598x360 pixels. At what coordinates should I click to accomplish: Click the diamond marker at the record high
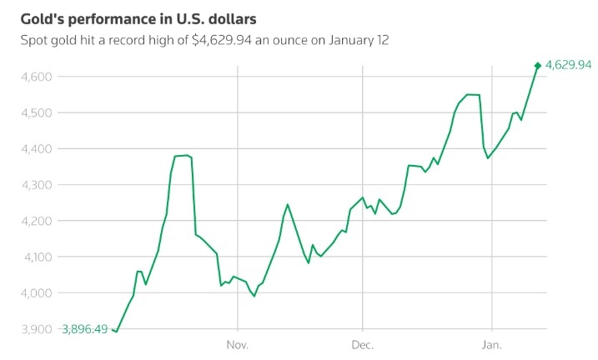click(537, 65)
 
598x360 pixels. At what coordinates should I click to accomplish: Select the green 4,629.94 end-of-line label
click(568, 65)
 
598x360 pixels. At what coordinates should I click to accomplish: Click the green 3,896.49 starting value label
click(84, 329)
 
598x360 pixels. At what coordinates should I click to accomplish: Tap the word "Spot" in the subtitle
click(34, 39)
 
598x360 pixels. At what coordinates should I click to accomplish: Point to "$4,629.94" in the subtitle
click(225, 39)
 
